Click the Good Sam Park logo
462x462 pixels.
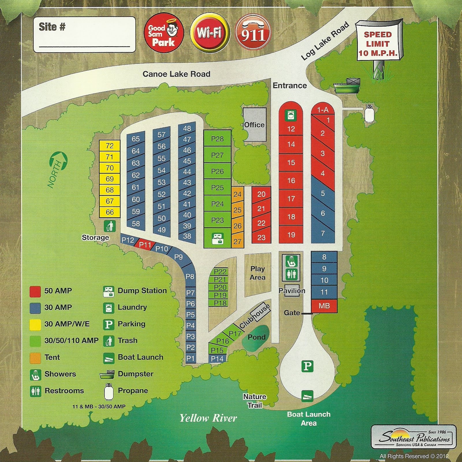point(164,33)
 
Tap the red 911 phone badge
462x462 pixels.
point(253,32)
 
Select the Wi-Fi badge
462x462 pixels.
point(210,32)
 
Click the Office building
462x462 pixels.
point(254,124)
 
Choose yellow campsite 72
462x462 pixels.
point(109,146)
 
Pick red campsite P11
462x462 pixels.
point(145,245)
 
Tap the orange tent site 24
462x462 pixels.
point(237,194)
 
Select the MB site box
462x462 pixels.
point(324,306)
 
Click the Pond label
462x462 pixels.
point(256,337)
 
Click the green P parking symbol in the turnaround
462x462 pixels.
point(307,366)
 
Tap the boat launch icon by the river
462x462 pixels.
point(307,396)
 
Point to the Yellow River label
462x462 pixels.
point(208,418)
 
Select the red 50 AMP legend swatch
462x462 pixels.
point(35,291)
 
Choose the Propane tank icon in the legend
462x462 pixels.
point(109,392)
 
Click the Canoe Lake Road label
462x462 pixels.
point(176,74)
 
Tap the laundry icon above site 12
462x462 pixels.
point(291,115)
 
